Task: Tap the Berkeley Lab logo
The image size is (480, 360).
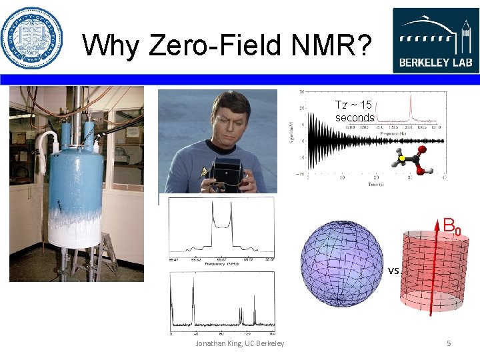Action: [434, 40]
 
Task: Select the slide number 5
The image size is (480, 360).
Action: [449, 343]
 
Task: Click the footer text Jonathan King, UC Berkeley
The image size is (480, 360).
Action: [239, 343]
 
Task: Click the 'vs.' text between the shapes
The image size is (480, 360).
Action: [393, 271]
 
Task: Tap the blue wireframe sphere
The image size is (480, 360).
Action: [342, 263]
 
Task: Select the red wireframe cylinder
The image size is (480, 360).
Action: [431, 273]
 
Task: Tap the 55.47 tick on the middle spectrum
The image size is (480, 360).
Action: [173, 259]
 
